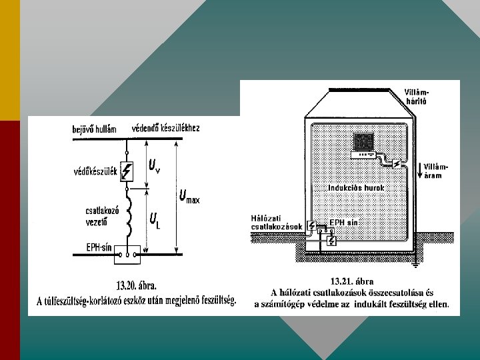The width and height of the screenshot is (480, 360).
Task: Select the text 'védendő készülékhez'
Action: coord(166,127)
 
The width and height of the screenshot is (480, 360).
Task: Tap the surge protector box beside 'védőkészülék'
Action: coord(128,171)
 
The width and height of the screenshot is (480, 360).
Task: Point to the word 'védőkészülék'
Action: coord(95,172)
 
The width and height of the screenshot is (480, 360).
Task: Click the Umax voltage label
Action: coord(189,197)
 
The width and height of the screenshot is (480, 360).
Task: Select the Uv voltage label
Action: coord(154,166)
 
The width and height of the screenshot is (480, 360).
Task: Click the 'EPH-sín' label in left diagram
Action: coord(99,247)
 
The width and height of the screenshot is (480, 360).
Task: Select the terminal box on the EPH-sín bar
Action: coord(128,253)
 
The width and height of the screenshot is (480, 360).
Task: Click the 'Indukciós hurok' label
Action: coord(356,188)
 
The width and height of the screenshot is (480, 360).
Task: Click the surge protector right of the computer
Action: coord(396,163)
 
